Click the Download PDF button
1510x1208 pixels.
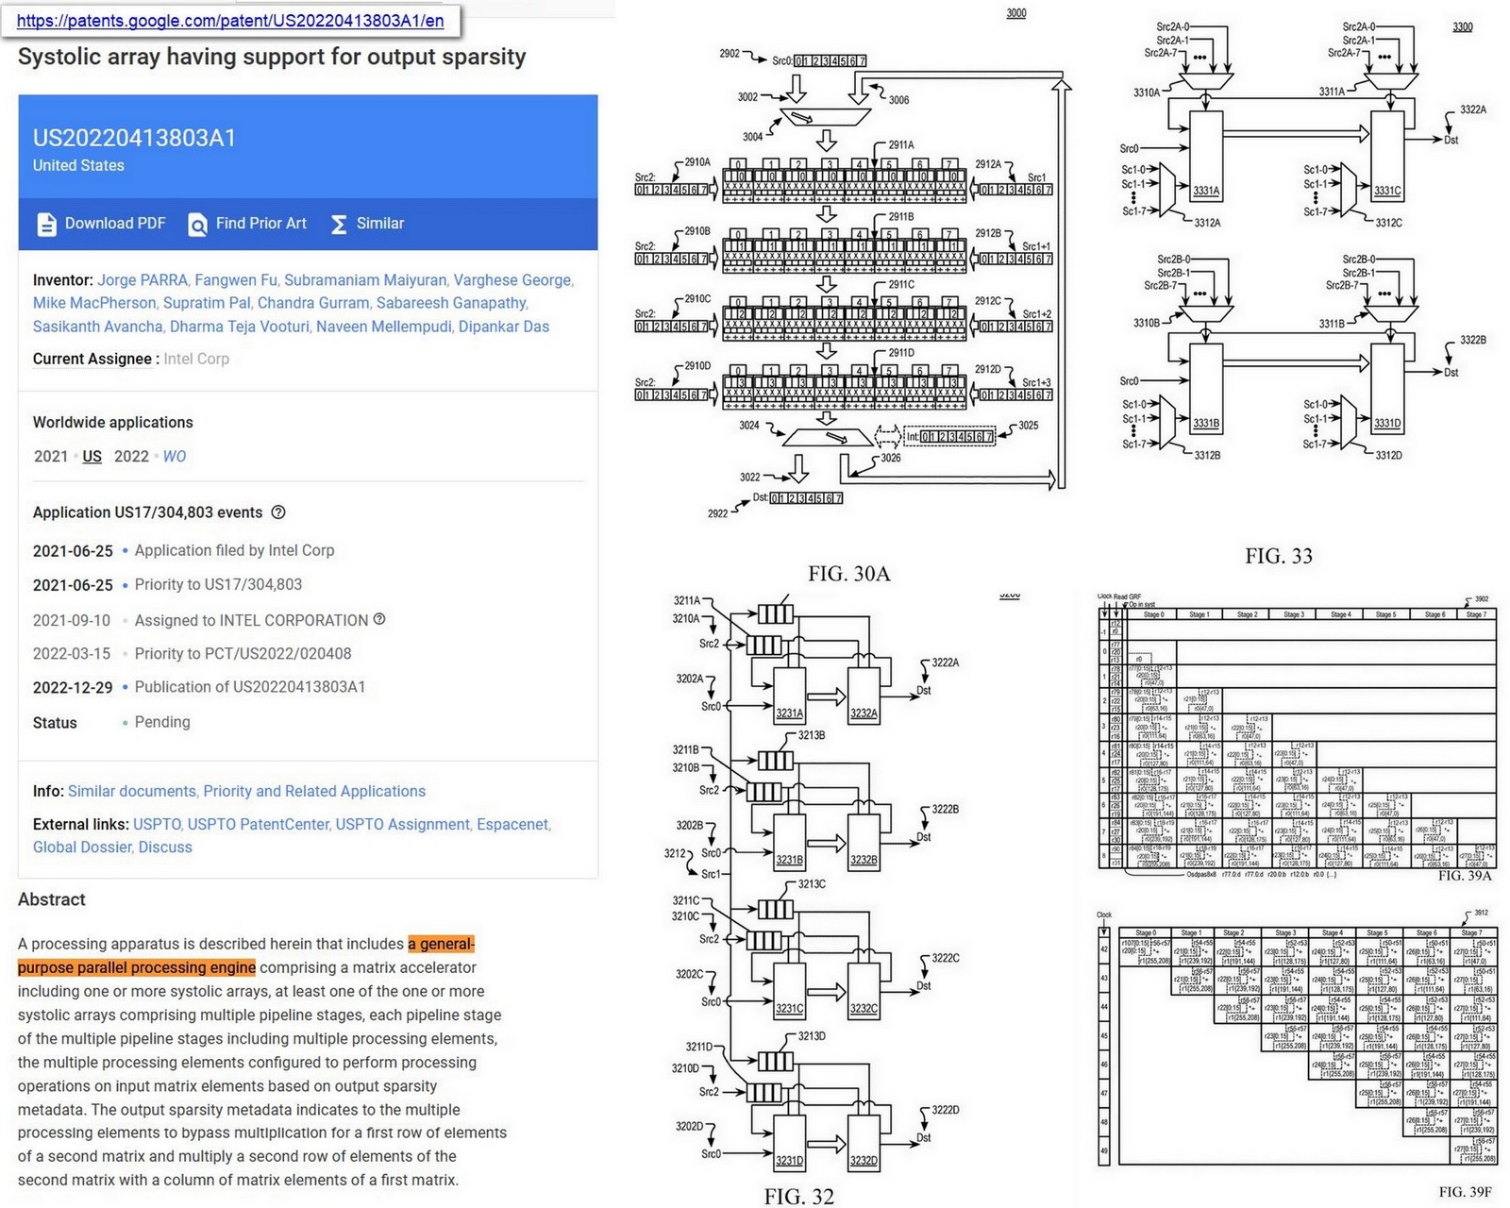click(x=102, y=224)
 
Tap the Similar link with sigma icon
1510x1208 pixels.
click(x=368, y=224)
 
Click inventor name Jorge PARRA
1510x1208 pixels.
click(x=143, y=280)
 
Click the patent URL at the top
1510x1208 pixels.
click(x=230, y=21)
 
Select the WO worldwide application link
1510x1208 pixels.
click(x=175, y=457)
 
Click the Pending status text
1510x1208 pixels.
click(x=162, y=722)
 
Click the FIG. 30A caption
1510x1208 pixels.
click(x=848, y=574)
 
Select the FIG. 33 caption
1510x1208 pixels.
click(x=1278, y=556)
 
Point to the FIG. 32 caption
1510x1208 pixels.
click(x=798, y=1197)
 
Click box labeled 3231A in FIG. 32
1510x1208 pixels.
click(x=789, y=698)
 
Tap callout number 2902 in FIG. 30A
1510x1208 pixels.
click(x=730, y=54)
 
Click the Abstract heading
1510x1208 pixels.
click(x=52, y=899)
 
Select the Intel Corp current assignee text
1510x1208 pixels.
click(x=196, y=359)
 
